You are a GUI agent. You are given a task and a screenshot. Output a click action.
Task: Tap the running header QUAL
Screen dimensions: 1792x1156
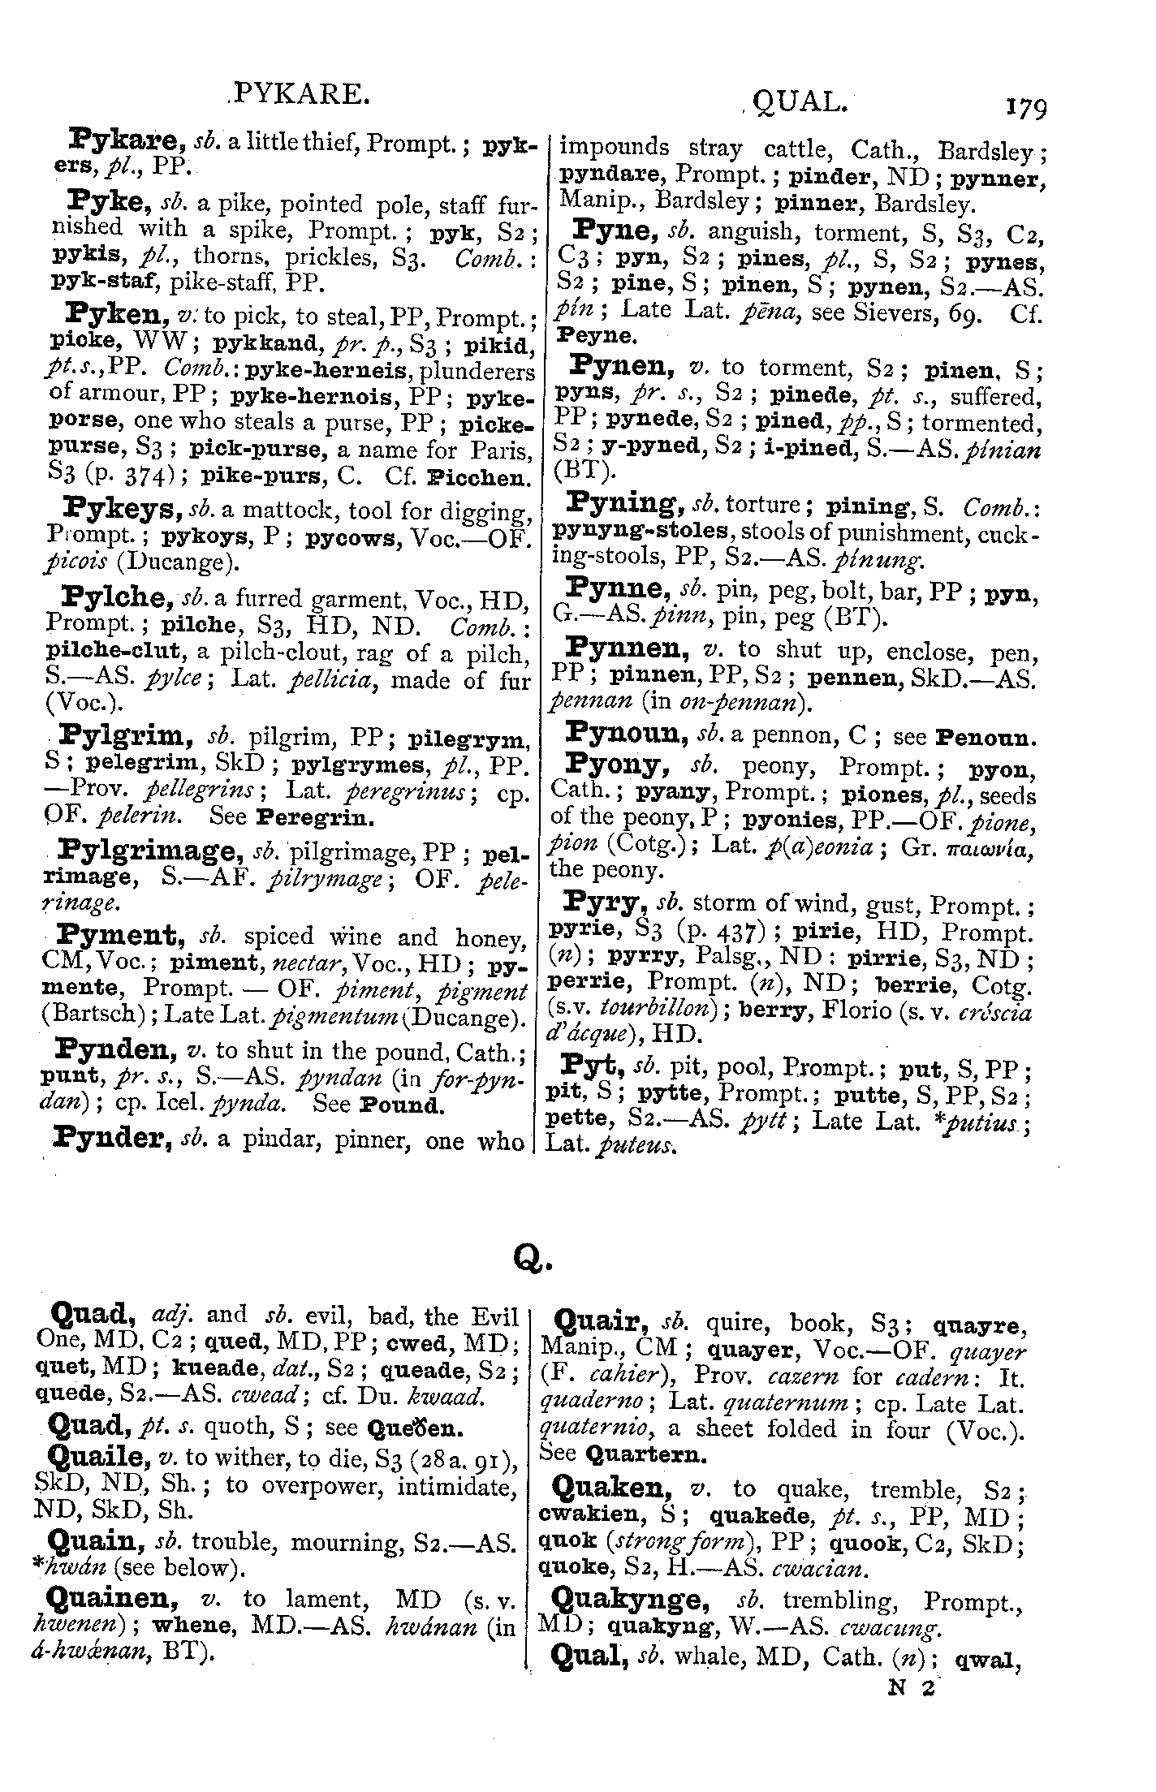click(x=800, y=102)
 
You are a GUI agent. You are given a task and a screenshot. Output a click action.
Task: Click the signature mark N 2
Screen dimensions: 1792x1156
click(x=912, y=1688)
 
